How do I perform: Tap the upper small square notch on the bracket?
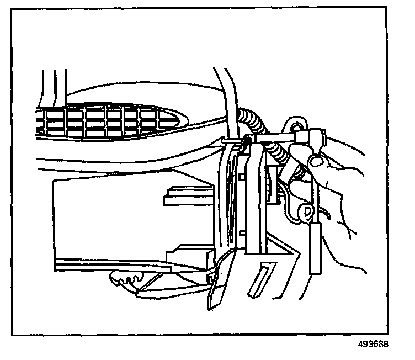tap(243, 176)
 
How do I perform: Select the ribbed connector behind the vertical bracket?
tap(272, 185)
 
